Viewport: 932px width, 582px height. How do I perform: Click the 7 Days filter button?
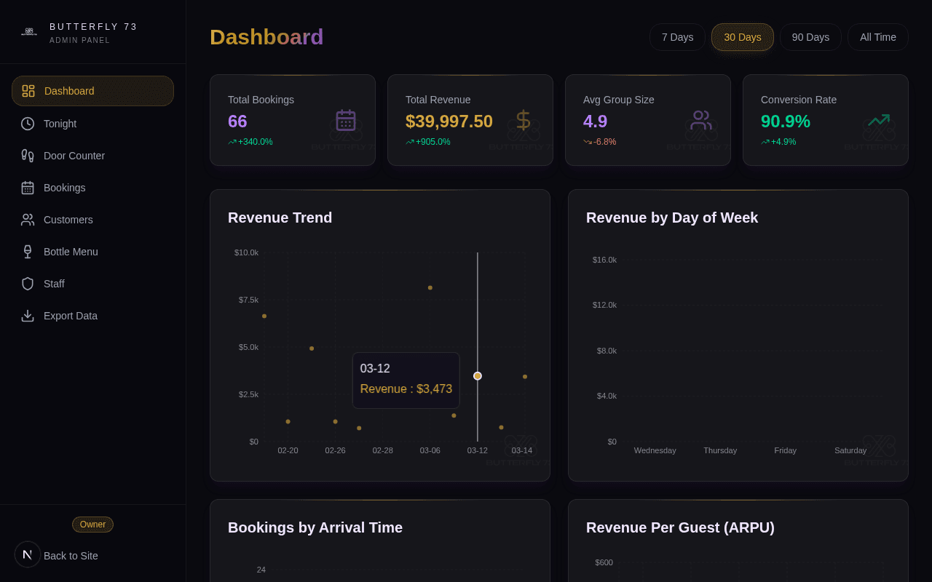[677, 37]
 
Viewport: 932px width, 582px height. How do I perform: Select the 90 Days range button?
[810, 37]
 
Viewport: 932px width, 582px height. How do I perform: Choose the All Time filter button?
[877, 37]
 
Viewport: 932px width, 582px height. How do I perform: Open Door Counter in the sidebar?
[74, 156]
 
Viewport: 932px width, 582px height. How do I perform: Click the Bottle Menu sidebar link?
[71, 252]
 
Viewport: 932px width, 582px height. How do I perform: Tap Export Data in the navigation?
[71, 316]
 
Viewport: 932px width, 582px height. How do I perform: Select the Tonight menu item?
[60, 124]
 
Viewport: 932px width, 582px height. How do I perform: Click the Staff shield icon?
[28, 284]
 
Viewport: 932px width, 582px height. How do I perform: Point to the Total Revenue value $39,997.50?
[449, 121]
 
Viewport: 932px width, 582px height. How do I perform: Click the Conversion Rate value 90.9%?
[785, 121]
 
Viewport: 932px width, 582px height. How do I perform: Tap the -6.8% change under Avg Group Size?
[604, 142]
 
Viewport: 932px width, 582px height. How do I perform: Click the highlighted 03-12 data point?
[478, 376]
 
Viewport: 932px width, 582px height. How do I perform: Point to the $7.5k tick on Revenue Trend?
[248, 300]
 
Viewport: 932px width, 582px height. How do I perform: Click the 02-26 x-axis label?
[335, 450]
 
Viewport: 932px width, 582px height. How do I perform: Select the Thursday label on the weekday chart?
[719, 450]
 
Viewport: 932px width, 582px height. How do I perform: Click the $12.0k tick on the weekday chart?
[604, 305]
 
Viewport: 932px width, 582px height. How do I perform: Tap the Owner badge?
[92, 525]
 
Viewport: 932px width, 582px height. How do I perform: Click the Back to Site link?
[71, 556]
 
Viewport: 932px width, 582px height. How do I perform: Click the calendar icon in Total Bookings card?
[345, 120]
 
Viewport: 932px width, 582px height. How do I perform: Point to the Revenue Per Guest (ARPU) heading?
[680, 527]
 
